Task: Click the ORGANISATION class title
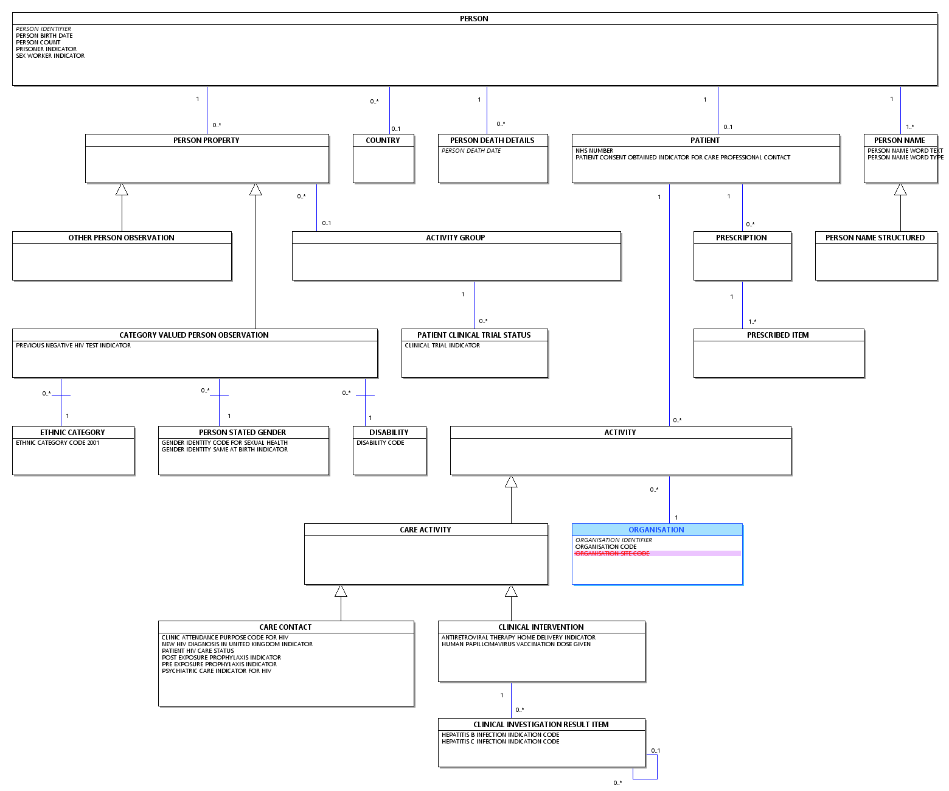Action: click(656, 529)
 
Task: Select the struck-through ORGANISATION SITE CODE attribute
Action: click(612, 553)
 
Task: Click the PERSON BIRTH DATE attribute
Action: click(44, 35)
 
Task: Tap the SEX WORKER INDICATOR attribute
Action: click(50, 55)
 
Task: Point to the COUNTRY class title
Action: click(383, 140)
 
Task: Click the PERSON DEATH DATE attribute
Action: click(471, 150)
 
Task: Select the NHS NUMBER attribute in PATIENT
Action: click(594, 150)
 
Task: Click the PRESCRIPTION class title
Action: click(741, 237)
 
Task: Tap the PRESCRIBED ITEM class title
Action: click(777, 335)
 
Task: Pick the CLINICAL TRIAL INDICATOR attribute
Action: click(442, 345)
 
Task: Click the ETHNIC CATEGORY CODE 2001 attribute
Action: click(57, 442)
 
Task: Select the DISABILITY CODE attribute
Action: click(380, 442)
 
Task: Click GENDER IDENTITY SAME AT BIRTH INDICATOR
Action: click(224, 449)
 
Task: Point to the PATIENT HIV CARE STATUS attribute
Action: click(198, 650)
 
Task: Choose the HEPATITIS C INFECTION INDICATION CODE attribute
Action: click(500, 741)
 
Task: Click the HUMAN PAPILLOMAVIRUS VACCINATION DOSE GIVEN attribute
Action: click(516, 644)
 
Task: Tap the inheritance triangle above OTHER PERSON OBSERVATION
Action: click(122, 190)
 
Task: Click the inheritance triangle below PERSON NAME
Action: click(900, 190)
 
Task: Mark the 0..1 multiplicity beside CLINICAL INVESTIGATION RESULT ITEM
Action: click(655, 751)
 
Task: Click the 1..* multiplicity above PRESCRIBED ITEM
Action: click(752, 321)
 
